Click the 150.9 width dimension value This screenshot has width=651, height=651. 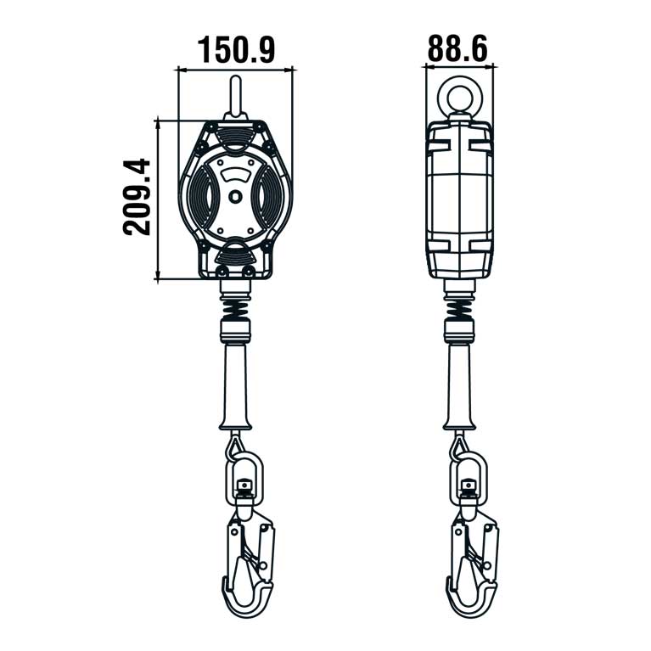(x=237, y=50)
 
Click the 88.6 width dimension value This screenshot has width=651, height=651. (x=457, y=48)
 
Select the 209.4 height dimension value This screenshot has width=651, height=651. (x=136, y=197)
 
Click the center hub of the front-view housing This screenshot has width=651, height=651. (x=235, y=196)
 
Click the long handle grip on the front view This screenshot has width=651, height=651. (x=235, y=382)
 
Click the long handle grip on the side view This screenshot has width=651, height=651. (x=459, y=382)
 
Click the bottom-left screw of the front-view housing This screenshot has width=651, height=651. (x=221, y=271)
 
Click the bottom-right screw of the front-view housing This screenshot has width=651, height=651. (x=250, y=271)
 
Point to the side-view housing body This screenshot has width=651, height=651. (x=459, y=199)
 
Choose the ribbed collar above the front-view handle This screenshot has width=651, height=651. (x=235, y=328)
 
